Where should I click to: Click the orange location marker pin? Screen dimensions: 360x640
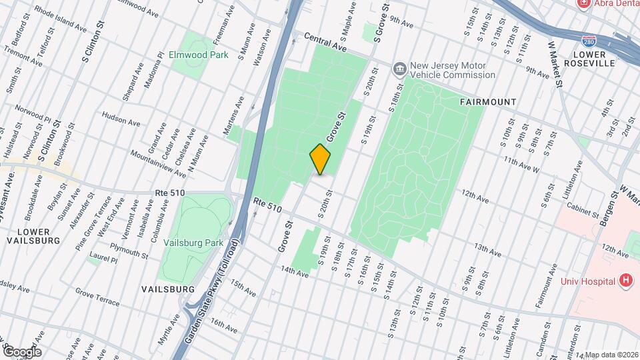pyautogui.click(x=321, y=159)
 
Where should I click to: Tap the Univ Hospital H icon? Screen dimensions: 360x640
pyautogui.click(x=625, y=281)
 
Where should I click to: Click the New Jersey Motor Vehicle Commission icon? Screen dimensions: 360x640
pyautogui.click(x=399, y=67)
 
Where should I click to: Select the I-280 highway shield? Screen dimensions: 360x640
pyautogui.click(x=588, y=41)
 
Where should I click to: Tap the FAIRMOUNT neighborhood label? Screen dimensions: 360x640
pyautogui.click(x=488, y=102)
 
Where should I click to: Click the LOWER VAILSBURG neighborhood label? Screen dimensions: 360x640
pyautogui.click(x=33, y=235)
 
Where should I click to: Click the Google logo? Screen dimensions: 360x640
pyautogui.click(x=22, y=351)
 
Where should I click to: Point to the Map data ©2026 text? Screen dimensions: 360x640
pyautogui.click(x=611, y=354)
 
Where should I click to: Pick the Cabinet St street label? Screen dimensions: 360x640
pyautogui.click(x=581, y=211)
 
